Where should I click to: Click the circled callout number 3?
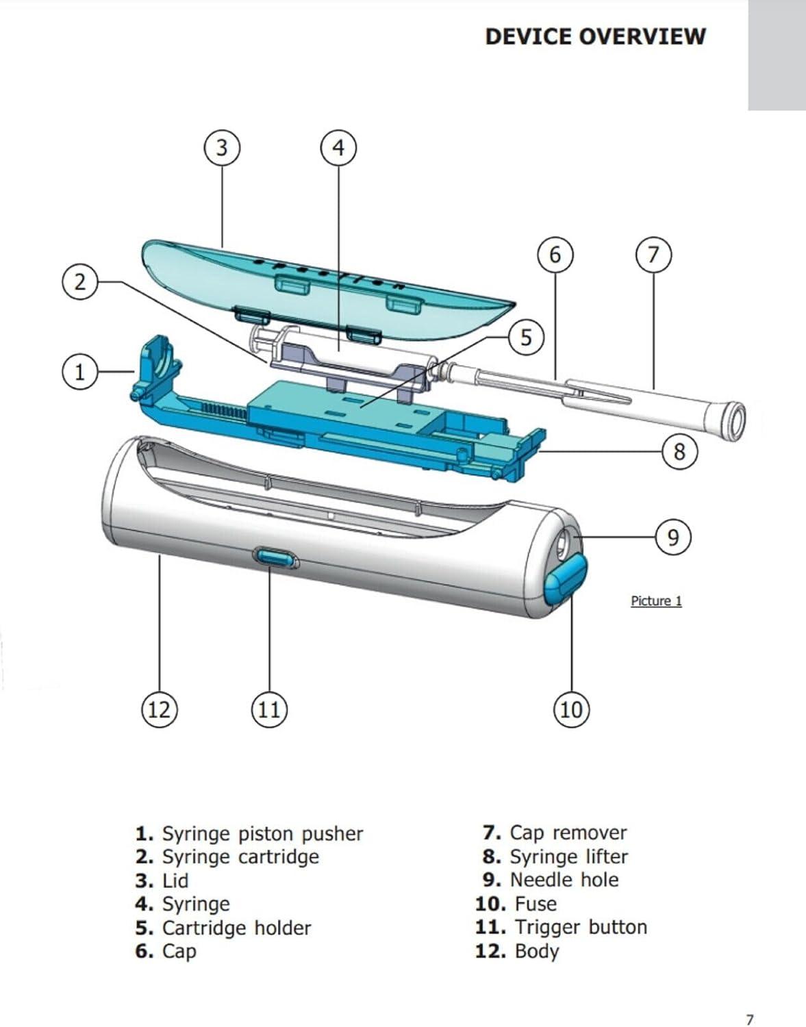tap(222, 148)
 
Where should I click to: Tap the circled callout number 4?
tap(338, 148)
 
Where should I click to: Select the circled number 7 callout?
tap(653, 255)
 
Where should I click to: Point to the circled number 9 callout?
tap(673, 537)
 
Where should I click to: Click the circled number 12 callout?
tap(159, 709)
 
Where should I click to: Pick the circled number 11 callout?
tap(269, 709)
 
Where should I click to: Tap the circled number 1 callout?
tap(80, 372)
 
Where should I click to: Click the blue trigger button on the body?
tap(275, 558)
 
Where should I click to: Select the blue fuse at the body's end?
tap(566, 581)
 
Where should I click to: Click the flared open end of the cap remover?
tap(734, 418)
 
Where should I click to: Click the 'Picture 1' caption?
tap(656, 601)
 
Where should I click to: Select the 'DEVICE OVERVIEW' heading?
tap(594, 36)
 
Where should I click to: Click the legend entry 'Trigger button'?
tap(561, 927)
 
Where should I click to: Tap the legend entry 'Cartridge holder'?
tap(223, 928)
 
